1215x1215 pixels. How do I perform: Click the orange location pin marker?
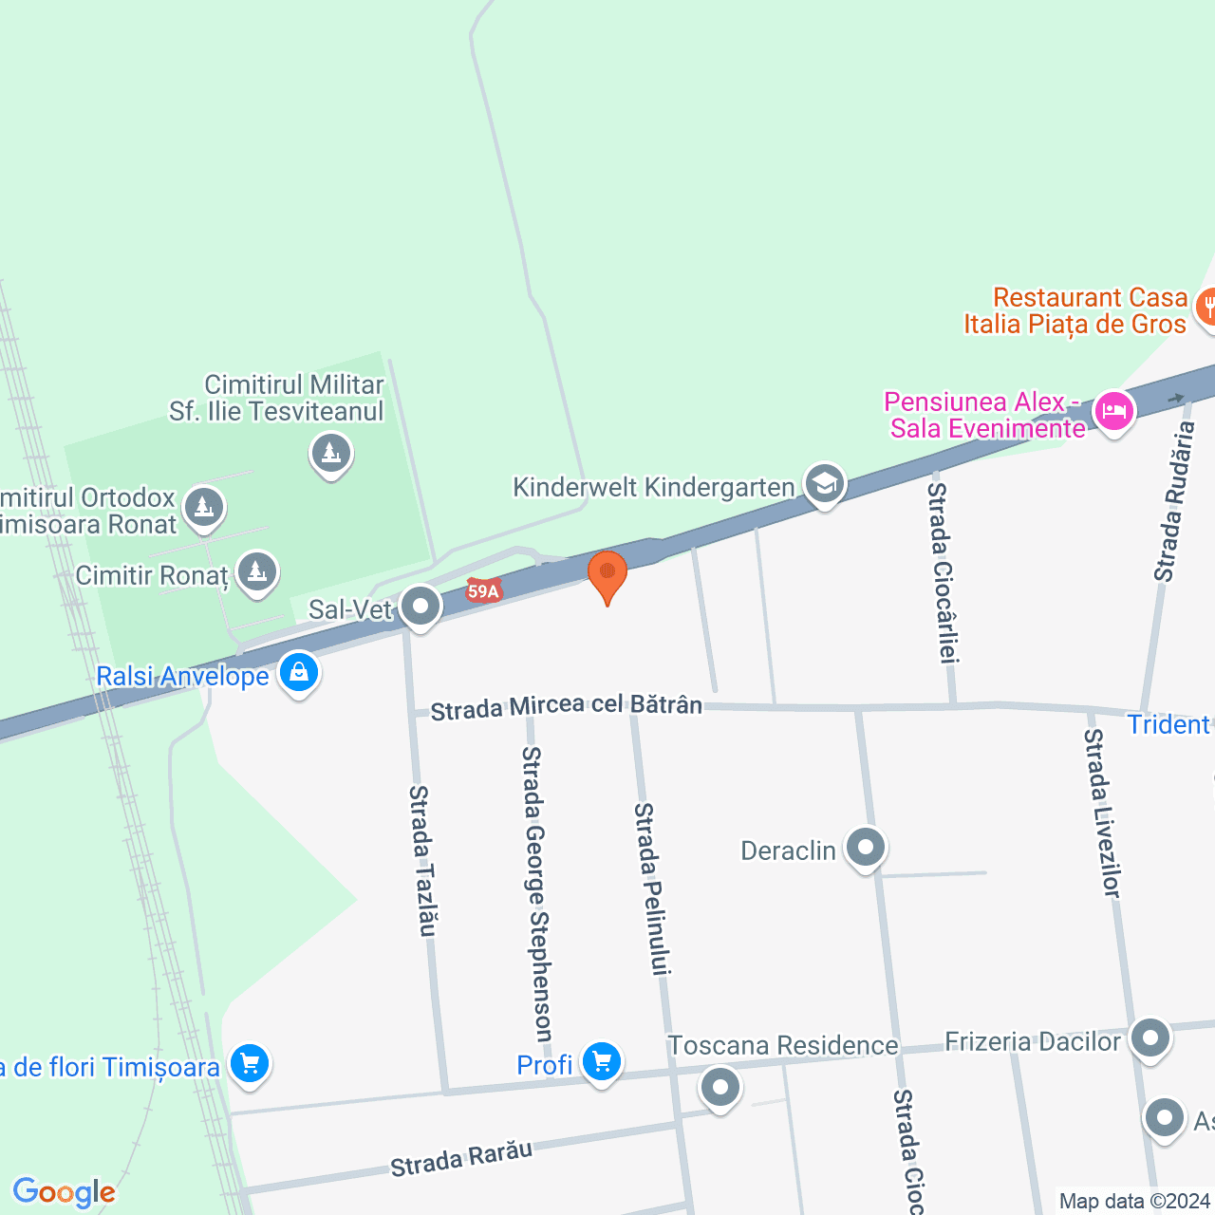607,575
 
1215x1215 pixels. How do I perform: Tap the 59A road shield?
483,591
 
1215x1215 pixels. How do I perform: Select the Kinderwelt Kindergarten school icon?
825,484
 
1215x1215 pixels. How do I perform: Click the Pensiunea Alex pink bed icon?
1113,412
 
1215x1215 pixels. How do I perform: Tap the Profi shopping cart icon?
602,1062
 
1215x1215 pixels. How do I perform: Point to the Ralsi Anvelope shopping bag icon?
299,673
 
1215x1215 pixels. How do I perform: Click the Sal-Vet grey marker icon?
420,606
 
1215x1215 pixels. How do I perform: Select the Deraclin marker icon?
865,848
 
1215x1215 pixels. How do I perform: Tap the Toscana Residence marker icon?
720,1087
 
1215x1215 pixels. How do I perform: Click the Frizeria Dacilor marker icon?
1150,1038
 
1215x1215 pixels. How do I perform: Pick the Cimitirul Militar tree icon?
331,454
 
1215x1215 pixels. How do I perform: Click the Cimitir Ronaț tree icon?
256,572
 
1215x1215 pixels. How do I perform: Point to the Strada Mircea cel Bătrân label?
567,707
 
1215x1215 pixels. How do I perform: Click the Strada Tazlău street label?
423,860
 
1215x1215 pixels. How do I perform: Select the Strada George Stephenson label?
537,893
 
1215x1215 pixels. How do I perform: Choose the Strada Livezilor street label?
1103,813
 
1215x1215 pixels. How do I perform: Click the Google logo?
64,1192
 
